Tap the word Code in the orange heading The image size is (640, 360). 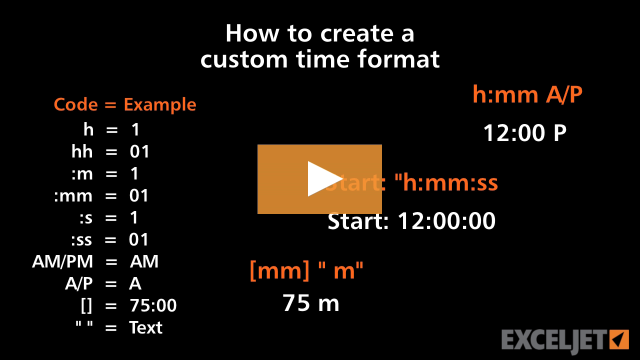click(75, 104)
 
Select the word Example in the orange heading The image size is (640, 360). click(160, 105)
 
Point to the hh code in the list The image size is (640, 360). click(82, 151)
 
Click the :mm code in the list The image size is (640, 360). click(73, 195)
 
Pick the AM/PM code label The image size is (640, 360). click(62, 261)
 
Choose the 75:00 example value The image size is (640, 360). click(153, 305)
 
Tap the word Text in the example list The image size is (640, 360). click(145, 327)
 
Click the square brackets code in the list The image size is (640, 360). click(86, 305)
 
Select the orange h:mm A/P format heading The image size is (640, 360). click(527, 94)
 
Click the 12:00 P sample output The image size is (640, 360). click(524, 133)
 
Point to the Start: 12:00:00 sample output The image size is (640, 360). click(411, 221)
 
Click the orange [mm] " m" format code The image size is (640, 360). click(306, 270)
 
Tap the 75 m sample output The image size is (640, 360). click(311, 303)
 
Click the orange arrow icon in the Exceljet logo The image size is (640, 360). click(619, 340)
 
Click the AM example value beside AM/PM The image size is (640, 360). click(144, 261)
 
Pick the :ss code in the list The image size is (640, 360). click(81, 239)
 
